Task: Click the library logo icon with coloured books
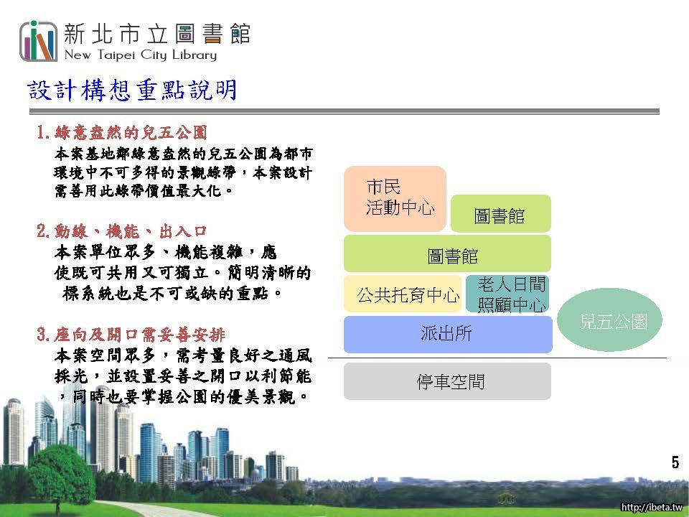pos(39,42)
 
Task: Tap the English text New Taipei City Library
pos(141,55)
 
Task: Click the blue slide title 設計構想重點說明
pos(132,90)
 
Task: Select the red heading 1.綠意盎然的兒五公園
pos(122,132)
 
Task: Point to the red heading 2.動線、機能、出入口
pos(122,230)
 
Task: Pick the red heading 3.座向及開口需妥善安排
pos(131,335)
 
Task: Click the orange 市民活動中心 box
pos(395,199)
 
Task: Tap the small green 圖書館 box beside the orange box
pos(500,214)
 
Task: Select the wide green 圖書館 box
pos(447,253)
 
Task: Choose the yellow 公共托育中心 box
pos(403,294)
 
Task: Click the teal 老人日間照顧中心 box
pos(507,294)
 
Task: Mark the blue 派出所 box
pos(448,334)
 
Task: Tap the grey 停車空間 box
pos(447,381)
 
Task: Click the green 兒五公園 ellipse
pos(609,320)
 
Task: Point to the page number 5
pos(675,462)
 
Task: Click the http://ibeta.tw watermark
pos(651,507)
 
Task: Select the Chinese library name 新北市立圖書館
pos(157,34)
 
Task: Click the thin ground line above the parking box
pos(497,358)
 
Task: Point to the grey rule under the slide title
pos(344,112)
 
